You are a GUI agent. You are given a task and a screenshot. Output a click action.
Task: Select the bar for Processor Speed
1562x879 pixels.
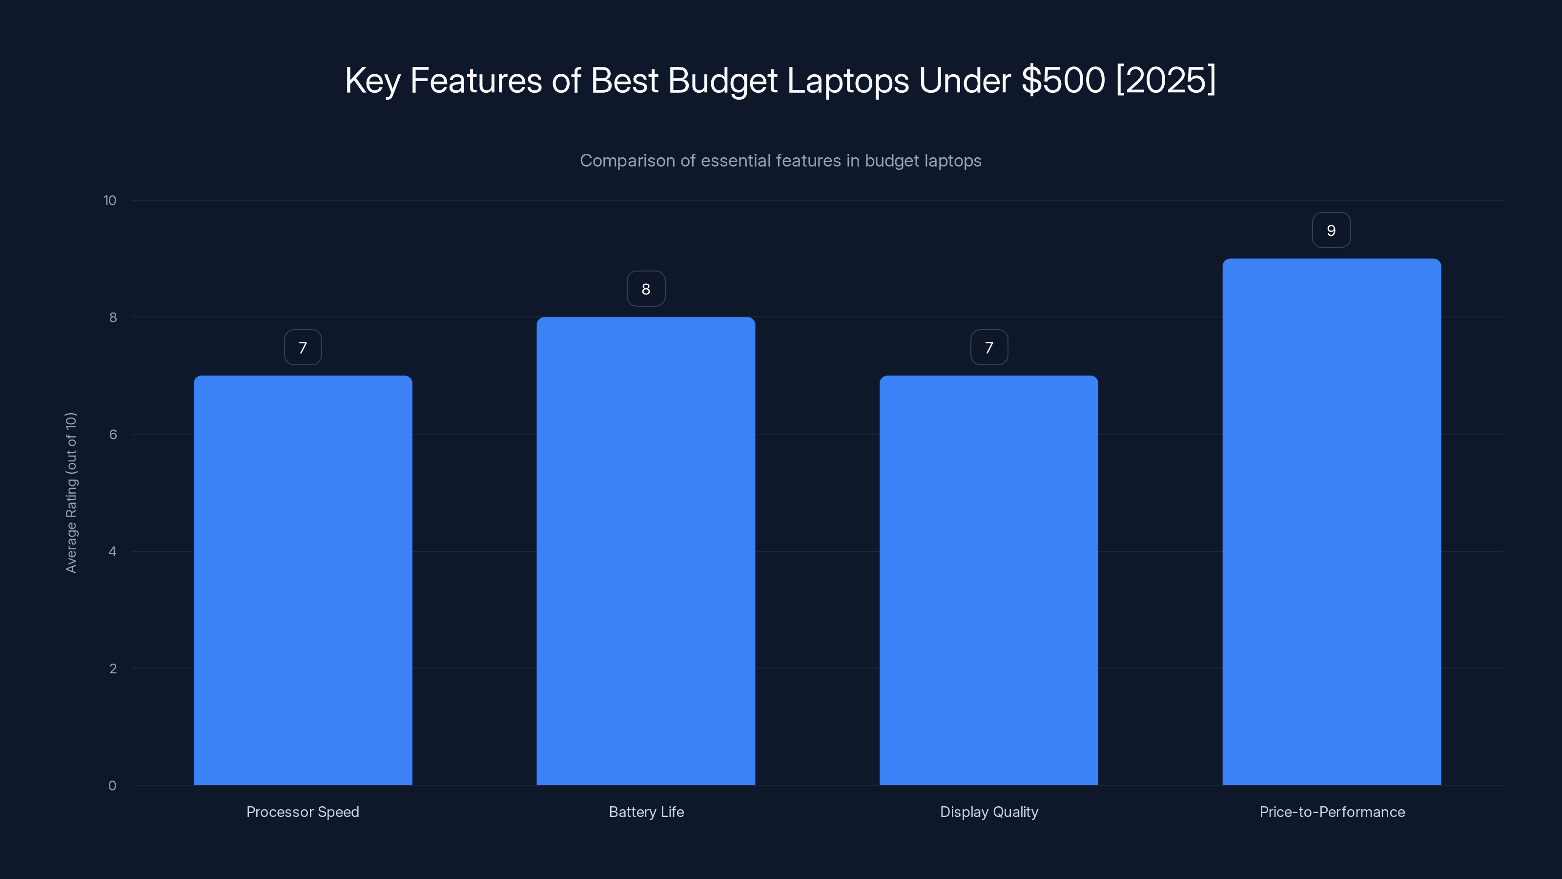303,580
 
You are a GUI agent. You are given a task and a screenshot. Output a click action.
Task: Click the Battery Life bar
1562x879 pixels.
646,551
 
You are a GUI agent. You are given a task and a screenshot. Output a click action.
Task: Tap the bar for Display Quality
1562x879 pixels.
988,580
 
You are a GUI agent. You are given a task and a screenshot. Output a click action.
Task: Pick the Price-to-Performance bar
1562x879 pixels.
1331,522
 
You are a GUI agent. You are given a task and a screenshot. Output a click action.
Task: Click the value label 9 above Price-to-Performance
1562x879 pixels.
1331,230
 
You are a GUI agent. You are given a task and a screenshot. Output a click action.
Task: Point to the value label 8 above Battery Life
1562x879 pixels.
646,289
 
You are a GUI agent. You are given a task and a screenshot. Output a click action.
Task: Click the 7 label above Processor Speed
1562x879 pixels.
303,348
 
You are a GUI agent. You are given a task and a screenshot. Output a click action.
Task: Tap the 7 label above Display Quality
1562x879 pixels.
989,348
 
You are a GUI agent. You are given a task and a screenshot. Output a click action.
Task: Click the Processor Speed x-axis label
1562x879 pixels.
303,812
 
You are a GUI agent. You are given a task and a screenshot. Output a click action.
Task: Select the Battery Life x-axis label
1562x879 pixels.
646,812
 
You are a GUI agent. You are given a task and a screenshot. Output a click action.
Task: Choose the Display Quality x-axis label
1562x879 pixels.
989,812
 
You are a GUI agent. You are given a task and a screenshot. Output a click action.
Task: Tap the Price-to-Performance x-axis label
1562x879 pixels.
1332,812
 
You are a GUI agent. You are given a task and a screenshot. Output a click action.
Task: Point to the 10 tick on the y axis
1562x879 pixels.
110,200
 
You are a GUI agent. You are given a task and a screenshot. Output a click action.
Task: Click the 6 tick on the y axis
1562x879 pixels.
113,434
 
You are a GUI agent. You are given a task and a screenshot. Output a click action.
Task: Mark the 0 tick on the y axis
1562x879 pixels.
112,786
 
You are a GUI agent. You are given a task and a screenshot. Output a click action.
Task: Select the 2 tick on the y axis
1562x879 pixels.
113,669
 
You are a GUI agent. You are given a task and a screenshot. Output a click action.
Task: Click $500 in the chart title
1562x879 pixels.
1063,80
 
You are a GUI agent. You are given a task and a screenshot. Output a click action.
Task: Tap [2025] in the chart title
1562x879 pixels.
1166,80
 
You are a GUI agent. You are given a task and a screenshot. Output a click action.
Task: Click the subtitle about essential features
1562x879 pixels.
781,161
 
